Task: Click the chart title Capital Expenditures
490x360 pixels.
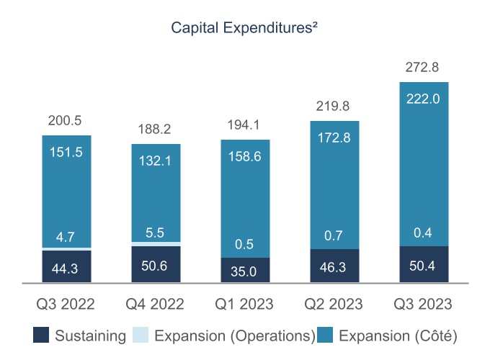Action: [245, 28]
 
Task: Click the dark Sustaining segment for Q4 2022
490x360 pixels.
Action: [156, 264]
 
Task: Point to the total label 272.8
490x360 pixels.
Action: [424, 68]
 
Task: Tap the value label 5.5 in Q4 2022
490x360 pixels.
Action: [156, 233]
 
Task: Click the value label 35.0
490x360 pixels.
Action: [245, 271]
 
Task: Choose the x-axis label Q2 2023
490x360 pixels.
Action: [334, 304]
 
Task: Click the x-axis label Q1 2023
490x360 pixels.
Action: [245, 304]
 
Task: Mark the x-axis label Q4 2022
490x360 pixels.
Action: [156, 304]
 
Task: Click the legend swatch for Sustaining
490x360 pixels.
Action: [41, 335]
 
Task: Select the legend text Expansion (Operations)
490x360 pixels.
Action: [235, 336]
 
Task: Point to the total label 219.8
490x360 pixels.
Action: [334, 106]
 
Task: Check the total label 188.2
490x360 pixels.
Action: [156, 129]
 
